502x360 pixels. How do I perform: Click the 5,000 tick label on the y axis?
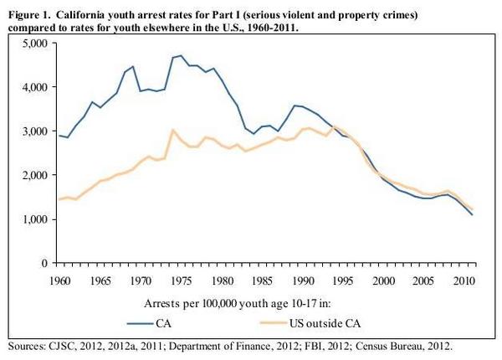click(x=35, y=43)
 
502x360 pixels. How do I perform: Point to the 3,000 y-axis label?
click(x=35, y=131)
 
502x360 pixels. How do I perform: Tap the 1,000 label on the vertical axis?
click(x=35, y=219)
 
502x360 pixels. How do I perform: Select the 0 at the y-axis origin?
click(x=44, y=263)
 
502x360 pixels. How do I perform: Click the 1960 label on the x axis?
click(x=60, y=281)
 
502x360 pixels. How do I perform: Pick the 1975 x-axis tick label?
click(x=182, y=281)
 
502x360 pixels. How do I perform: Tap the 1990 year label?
click(x=303, y=281)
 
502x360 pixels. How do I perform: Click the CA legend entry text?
click(x=164, y=323)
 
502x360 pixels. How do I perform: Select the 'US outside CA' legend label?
click(x=325, y=323)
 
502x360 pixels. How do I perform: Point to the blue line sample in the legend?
click(x=141, y=323)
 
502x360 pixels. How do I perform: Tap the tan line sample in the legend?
click(x=274, y=323)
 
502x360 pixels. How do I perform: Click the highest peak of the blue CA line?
click(x=181, y=56)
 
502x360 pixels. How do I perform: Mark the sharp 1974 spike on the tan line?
click(x=173, y=130)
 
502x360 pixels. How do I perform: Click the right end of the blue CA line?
click(x=472, y=214)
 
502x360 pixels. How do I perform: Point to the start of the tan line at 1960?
click(x=59, y=199)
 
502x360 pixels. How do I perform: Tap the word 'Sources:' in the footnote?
click(x=27, y=347)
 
